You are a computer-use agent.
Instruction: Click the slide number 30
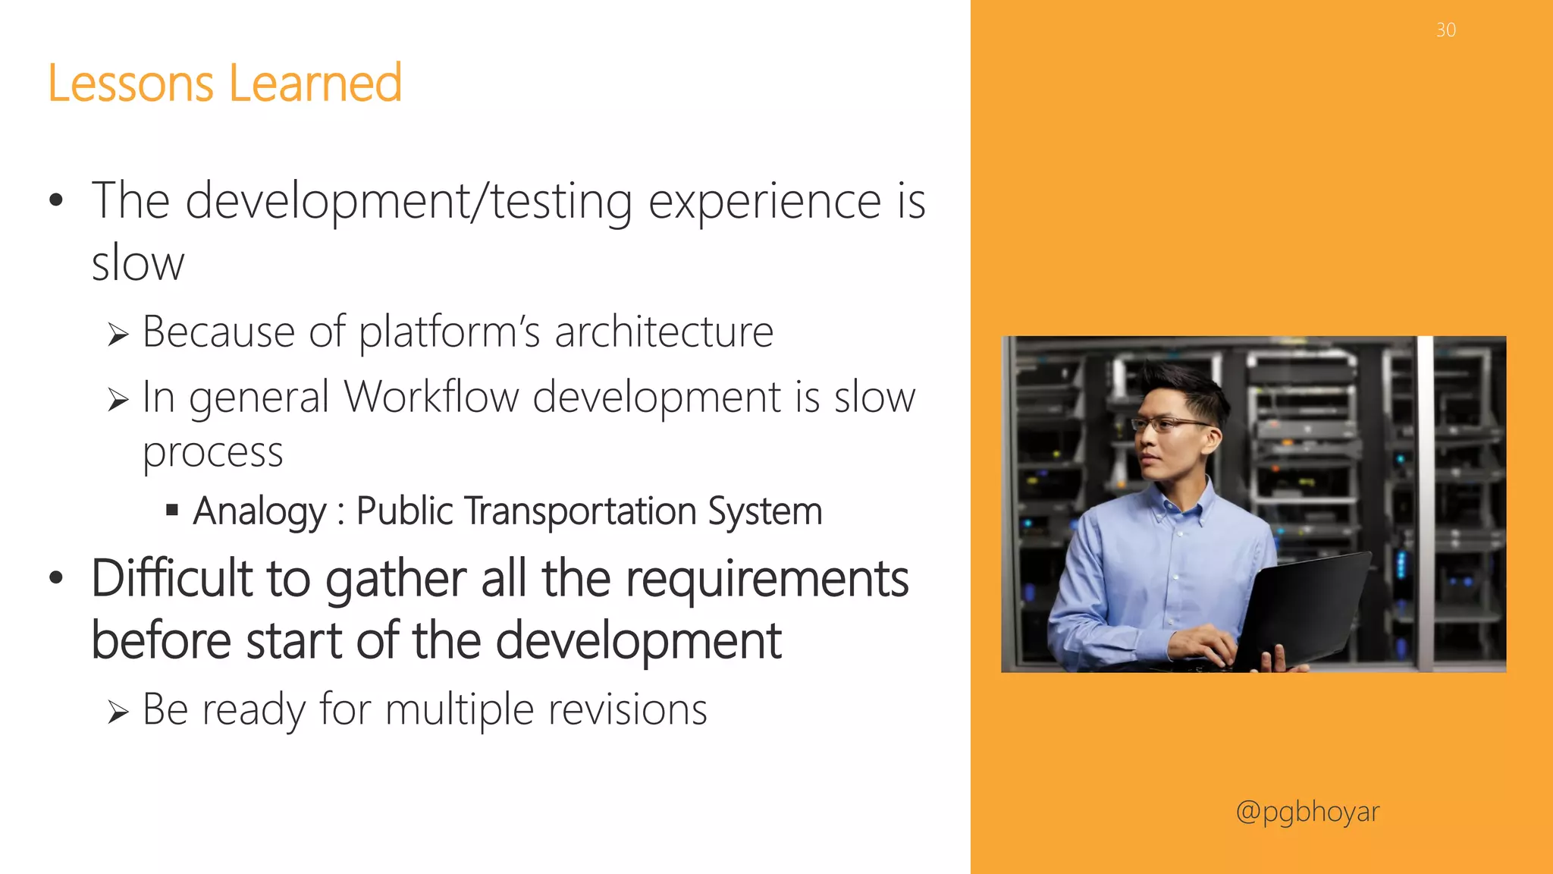[1445, 30]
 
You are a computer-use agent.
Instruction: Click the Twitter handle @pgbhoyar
[1307, 812]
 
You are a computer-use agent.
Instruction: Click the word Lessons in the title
[130, 83]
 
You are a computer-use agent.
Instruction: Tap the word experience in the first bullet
[764, 202]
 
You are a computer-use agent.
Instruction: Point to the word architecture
[664, 332]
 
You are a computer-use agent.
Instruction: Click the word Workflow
[430, 397]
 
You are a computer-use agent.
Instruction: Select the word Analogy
[259, 511]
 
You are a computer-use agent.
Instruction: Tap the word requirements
[767, 579]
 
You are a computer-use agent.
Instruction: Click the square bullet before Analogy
[172, 510]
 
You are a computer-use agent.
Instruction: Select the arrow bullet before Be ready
[118, 712]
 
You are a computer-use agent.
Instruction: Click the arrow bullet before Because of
[118, 334]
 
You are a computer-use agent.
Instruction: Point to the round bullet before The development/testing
[55, 201]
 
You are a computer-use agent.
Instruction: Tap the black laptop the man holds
[1304, 607]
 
